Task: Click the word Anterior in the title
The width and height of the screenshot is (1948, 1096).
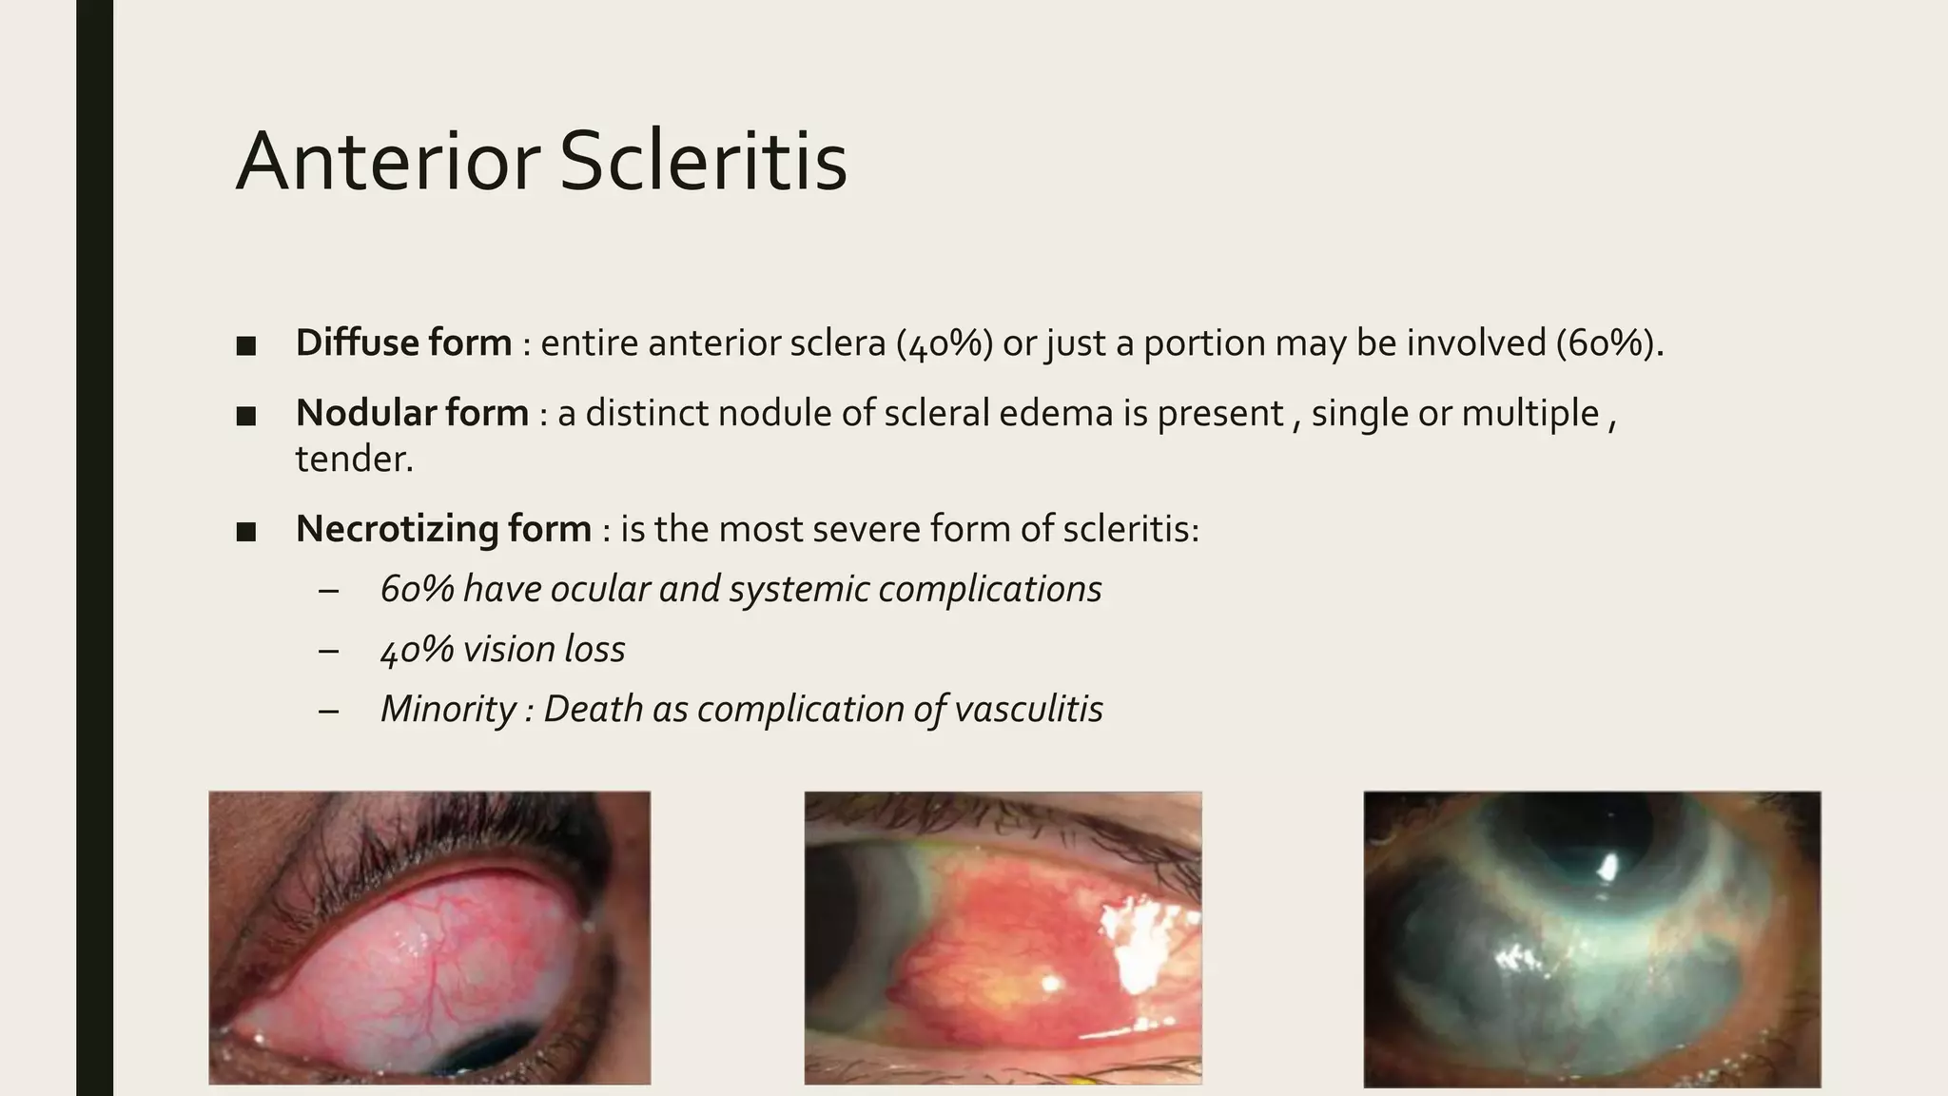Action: point(388,162)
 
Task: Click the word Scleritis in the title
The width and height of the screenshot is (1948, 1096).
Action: point(703,162)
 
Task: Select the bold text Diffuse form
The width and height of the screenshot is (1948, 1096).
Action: point(403,342)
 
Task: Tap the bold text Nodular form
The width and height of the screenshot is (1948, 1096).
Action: point(412,413)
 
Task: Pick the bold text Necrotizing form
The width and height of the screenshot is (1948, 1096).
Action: point(443,529)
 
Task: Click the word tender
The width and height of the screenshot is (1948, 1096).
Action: point(354,460)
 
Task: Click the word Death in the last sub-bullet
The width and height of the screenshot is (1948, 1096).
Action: point(593,709)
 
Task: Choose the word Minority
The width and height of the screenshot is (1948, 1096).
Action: point(448,709)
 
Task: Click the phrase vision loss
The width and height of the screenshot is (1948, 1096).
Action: point(544,649)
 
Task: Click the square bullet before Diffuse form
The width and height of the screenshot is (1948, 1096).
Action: point(246,344)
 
